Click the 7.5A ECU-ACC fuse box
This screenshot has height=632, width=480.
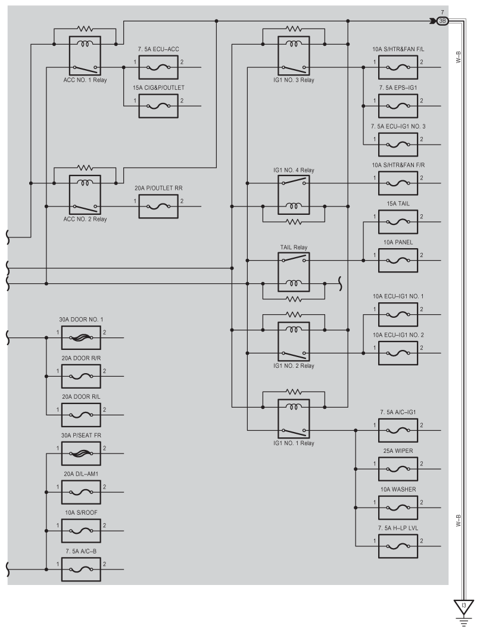158,67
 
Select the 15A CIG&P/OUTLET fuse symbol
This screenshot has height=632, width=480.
158,106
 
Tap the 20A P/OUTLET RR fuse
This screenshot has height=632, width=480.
158,207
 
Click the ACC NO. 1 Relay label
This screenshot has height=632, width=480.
85,80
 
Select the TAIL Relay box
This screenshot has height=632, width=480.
294,272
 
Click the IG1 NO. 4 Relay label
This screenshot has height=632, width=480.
294,170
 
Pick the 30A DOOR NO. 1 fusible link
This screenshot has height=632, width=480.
81,338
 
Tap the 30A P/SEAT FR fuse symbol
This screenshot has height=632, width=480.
81,453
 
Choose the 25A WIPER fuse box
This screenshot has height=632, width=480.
398,469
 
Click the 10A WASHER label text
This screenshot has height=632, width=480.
398,489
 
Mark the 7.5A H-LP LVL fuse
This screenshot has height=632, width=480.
398,546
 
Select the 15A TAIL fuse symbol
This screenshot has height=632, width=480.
398,222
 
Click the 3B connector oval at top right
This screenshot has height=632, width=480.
442,21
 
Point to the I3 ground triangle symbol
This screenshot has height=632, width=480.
464,606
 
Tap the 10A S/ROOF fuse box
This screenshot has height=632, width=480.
81,531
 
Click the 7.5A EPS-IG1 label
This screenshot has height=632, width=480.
398,87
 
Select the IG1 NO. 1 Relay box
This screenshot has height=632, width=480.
294,419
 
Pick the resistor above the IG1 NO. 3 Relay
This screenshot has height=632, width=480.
294,29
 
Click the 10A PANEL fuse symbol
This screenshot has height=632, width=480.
398,261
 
